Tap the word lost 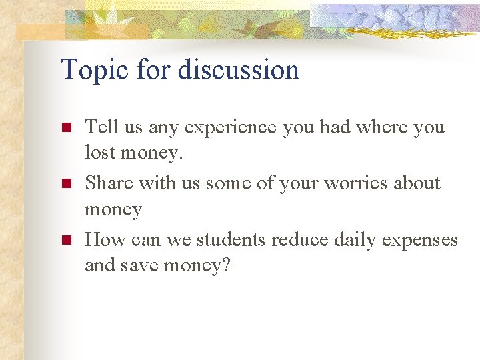coord(99,153)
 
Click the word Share coord(109,182)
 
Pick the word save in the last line coord(137,265)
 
